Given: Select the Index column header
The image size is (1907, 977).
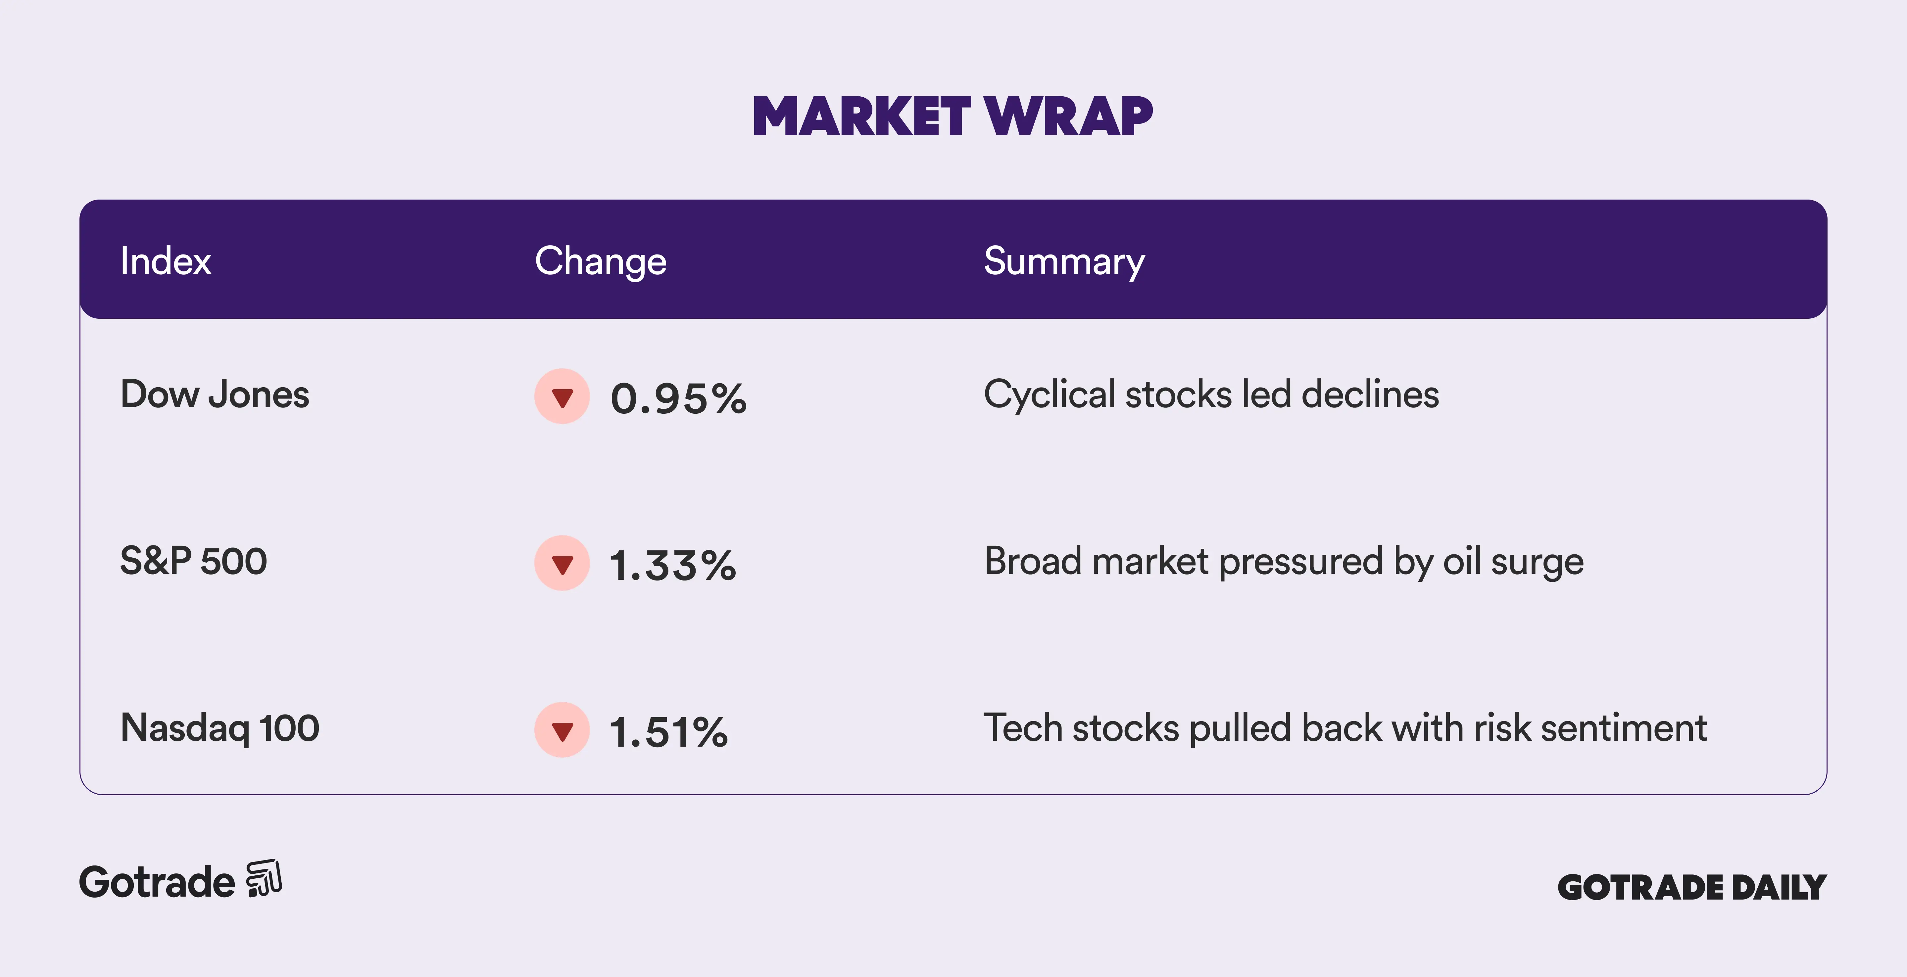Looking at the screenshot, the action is [166, 261].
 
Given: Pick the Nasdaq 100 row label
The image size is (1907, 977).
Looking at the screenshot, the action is [220, 728].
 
